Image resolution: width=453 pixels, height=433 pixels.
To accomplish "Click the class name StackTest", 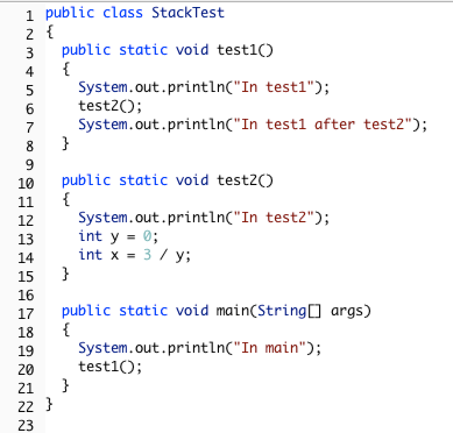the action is (x=188, y=13).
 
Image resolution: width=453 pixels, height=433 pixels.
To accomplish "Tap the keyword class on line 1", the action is (x=122, y=13).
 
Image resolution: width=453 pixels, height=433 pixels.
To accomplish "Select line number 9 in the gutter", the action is (x=30, y=165).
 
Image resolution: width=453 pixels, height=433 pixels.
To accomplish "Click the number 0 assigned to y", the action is (x=147, y=236).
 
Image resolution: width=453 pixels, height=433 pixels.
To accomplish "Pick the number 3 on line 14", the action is (x=147, y=255).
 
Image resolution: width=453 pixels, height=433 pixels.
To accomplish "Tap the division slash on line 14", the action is (x=164, y=255).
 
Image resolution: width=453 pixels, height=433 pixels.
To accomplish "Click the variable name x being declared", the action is (x=115, y=255).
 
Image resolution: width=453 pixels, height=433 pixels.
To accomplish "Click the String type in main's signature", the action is (x=282, y=311).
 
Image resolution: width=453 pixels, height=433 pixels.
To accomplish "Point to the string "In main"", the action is (x=270, y=348).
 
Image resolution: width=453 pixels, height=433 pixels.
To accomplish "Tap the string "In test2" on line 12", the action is (x=274, y=218).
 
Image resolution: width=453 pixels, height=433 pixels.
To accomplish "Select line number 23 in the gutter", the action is (x=26, y=425).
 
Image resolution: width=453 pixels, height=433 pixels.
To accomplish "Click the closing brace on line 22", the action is (x=49, y=404).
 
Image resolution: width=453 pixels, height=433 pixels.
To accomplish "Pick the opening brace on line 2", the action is (x=49, y=31).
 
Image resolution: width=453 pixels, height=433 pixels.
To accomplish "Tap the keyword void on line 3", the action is (x=192, y=50).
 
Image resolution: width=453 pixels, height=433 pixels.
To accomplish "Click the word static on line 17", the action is (x=143, y=311).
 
